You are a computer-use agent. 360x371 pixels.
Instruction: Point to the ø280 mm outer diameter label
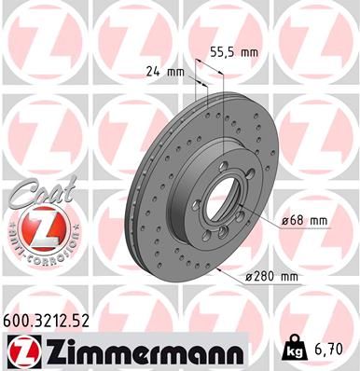pos(270,277)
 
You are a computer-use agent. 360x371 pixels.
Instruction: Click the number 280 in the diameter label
pos(262,277)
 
